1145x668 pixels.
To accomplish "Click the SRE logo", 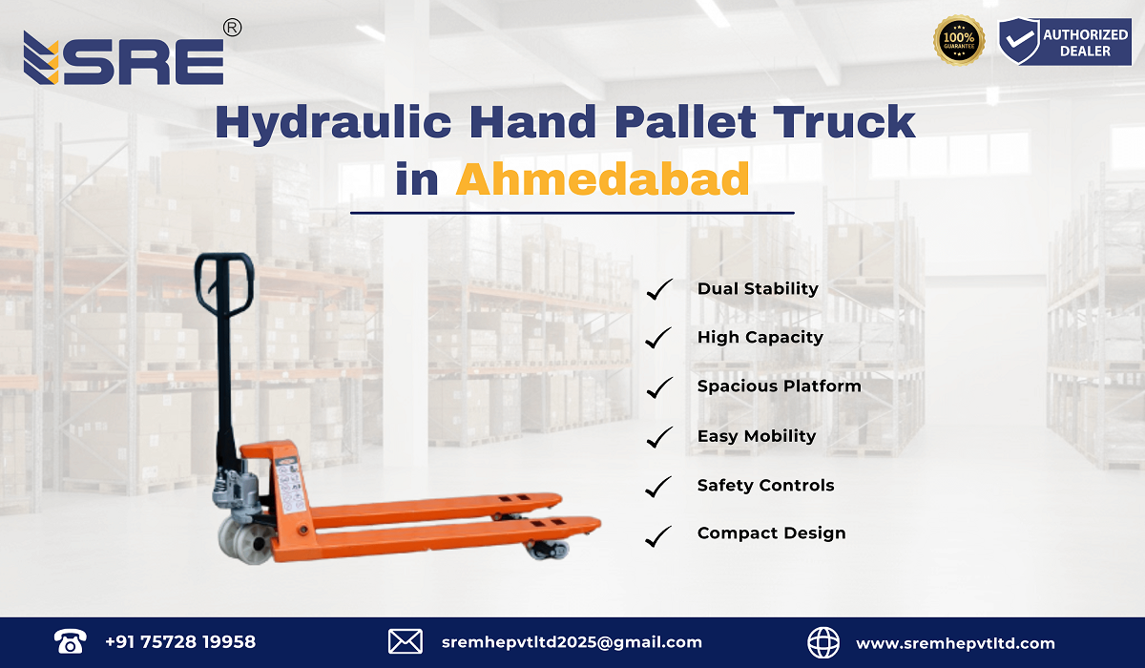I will coord(124,59).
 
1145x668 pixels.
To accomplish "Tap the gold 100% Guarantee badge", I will coord(958,41).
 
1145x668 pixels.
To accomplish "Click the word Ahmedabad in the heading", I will coord(602,178).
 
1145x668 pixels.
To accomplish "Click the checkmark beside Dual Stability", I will coord(659,289).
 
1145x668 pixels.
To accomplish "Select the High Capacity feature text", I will coord(760,337).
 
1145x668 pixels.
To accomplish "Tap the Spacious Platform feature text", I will coord(779,386).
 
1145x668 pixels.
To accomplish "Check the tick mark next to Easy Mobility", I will coord(659,437).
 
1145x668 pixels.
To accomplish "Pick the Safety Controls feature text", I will coord(765,486).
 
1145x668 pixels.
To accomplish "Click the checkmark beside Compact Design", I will coord(659,535).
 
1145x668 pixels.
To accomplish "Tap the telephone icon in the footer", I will coord(71,642).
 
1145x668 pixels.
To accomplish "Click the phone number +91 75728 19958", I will coord(180,642).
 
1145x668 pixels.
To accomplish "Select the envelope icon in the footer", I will coord(406,642).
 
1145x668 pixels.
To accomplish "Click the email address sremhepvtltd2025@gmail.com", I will coord(572,642).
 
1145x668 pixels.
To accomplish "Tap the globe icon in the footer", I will coord(823,642).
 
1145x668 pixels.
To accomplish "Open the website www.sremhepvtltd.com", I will coord(955,643).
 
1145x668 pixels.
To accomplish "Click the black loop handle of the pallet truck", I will coord(225,282).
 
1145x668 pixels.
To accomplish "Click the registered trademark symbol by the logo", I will coord(231,29).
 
